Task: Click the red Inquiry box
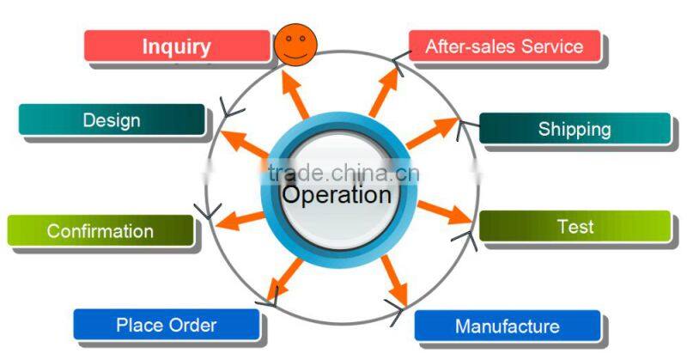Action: click(177, 46)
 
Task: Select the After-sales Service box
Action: click(504, 46)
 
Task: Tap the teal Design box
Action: click(112, 119)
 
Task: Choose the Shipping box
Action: click(575, 129)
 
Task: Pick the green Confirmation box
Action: click(100, 230)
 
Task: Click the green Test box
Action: click(575, 226)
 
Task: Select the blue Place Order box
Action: click(167, 325)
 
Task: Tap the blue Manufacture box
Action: click(508, 326)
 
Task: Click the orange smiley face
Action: click(295, 46)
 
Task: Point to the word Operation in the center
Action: click(337, 194)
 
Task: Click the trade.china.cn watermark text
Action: click(343, 174)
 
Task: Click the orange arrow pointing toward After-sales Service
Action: click(384, 92)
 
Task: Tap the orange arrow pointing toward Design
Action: click(244, 143)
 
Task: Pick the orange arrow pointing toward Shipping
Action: click(432, 132)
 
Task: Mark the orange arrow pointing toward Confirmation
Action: click(240, 220)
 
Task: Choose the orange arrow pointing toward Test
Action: click(445, 213)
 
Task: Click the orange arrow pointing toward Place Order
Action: click(284, 279)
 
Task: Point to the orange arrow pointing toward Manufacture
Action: click(395, 280)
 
